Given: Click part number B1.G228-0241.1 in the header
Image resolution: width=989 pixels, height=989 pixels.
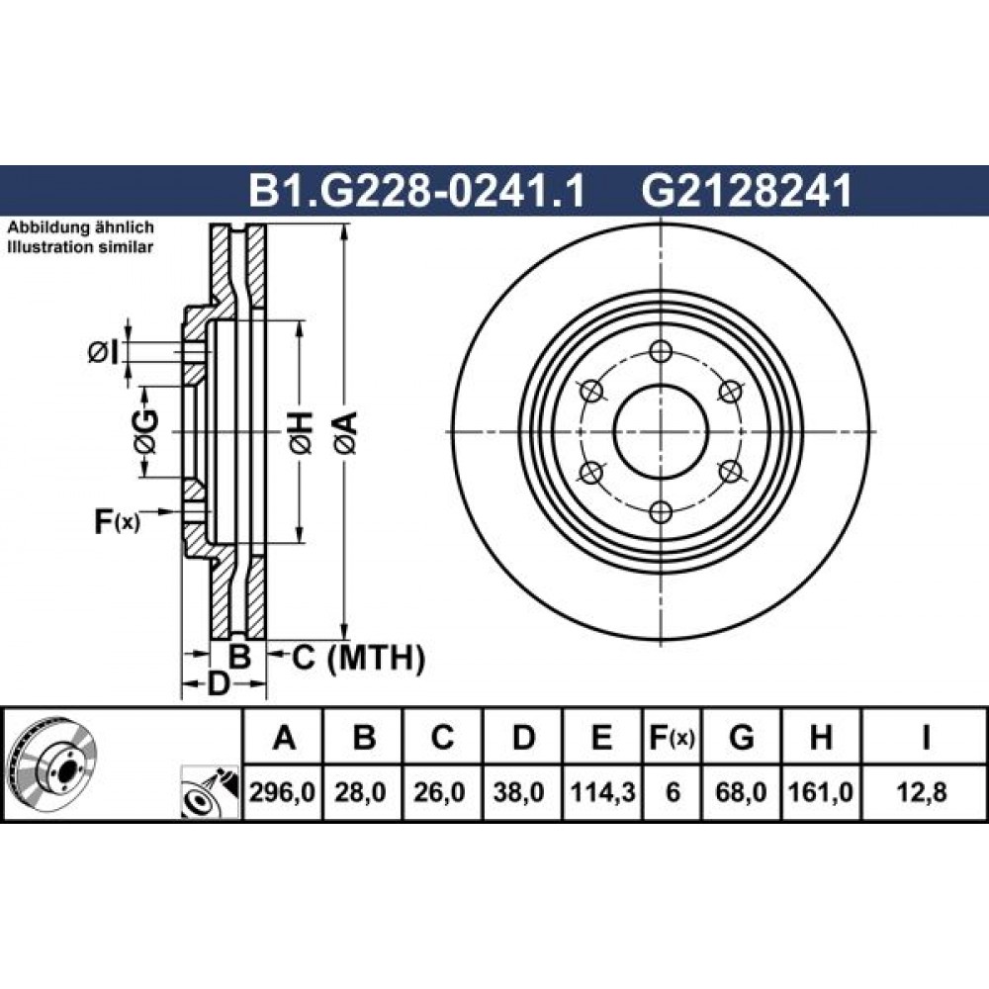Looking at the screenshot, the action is click(417, 191).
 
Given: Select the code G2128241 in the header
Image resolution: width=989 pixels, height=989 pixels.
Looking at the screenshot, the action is click(747, 191).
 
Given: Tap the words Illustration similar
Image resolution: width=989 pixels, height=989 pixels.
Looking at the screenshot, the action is click(80, 246).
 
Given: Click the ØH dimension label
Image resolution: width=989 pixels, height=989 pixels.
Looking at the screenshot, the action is click(301, 433).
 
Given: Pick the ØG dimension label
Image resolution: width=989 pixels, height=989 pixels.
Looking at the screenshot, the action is click(145, 432).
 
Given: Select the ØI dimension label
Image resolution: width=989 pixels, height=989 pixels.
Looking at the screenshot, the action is click(103, 353).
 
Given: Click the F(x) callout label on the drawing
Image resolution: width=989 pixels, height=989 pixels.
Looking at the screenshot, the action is click(118, 521).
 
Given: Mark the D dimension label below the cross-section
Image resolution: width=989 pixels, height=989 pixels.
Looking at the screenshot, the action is click(218, 683).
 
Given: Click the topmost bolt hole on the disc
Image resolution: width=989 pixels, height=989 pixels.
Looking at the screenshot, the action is click(661, 351).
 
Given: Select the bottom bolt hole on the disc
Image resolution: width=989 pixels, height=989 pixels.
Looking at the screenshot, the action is click(661, 512).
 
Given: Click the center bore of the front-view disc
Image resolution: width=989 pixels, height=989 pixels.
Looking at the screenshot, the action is click(661, 432).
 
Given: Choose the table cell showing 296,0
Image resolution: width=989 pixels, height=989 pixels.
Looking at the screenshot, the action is click(283, 792).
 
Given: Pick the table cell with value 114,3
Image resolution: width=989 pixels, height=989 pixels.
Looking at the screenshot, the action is click(601, 792).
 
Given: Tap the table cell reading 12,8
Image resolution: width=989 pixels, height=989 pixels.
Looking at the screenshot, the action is click(925, 792).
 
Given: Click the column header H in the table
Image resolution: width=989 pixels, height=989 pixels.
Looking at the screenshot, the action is click(821, 737).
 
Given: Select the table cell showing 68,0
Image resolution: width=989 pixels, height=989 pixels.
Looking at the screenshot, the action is click(741, 792).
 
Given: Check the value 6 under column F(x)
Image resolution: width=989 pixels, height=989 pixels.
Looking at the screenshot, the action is click(673, 792).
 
